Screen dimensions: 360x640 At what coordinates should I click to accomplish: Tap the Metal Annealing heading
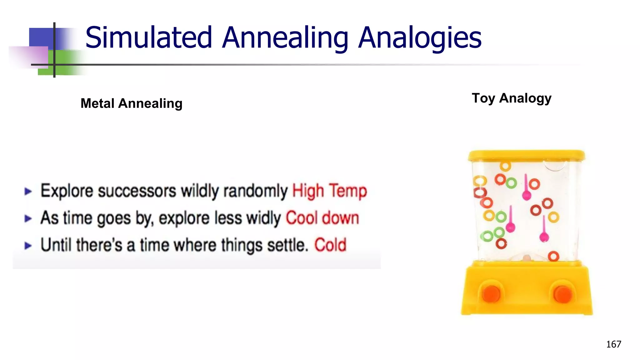pyautogui.click(x=131, y=103)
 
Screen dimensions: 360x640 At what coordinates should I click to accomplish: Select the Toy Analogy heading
pyautogui.click(x=512, y=98)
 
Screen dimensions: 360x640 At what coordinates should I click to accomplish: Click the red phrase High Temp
pyautogui.click(x=329, y=191)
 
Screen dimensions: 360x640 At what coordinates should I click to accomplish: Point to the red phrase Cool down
pyautogui.click(x=322, y=218)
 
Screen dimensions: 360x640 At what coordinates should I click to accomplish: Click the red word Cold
pyautogui.click(x=330, y=245)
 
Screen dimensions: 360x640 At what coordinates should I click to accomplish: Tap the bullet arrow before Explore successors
pyautogui.click(x=28, y=191)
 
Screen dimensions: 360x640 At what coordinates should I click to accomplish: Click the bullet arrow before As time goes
pyautogui.click(x=28, y=218)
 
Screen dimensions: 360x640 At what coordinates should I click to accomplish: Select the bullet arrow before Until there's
pyautogui.click(x=28, y=246)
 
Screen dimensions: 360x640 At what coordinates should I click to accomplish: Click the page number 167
pyautogui.click(x=613, y=344)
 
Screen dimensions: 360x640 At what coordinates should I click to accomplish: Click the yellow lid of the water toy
pyautogui.click(x=526, y=155)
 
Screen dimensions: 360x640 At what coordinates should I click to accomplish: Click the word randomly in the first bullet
pyautogui.click(x=255, y=191)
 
